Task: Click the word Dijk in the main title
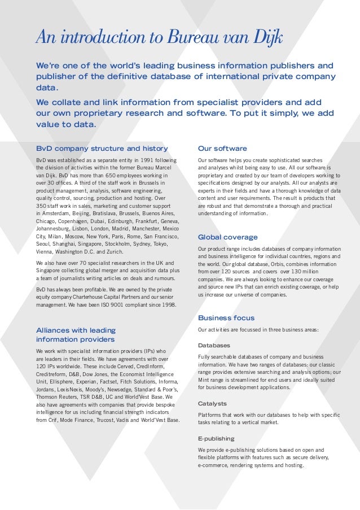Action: pos(267,38)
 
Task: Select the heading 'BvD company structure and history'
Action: pos(102,149)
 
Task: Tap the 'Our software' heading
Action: pos(222,149)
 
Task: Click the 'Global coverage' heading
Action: pos(228,237)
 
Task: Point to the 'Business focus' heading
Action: pos(226,318)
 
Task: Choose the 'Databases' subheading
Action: pos(214,345)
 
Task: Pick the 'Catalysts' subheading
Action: pos(212,403)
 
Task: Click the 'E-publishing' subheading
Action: pos(216,438)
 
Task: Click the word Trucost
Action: pos(94,420)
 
